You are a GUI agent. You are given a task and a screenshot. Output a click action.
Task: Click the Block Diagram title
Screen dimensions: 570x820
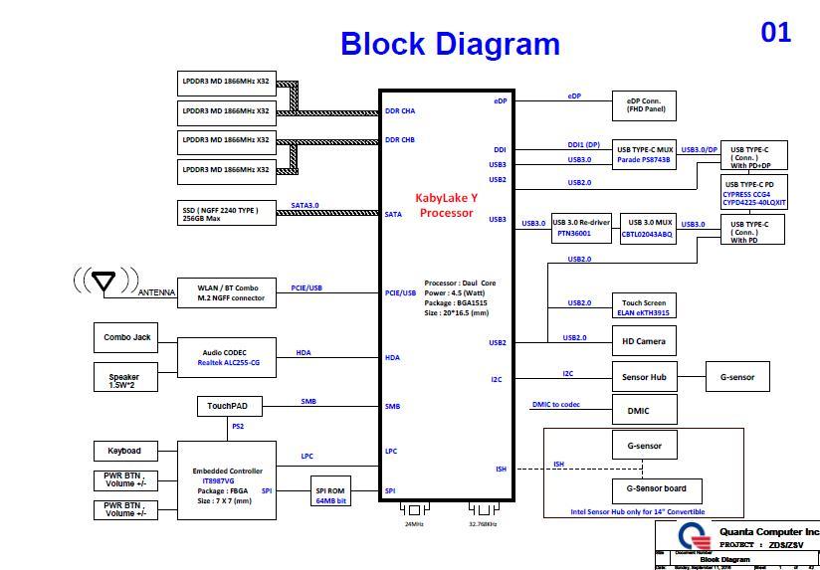450,44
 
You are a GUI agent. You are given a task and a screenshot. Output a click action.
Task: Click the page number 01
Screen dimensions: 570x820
776,33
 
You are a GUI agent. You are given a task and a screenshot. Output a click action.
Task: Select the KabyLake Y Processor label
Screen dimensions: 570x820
447,205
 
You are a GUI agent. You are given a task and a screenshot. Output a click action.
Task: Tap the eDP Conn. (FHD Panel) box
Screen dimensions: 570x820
645,104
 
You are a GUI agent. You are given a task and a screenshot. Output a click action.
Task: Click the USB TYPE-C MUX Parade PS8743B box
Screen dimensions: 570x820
645,154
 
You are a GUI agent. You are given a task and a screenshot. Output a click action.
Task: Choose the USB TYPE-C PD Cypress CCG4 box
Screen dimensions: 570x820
755,193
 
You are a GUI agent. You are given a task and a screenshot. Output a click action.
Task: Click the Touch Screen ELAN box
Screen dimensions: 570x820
645,305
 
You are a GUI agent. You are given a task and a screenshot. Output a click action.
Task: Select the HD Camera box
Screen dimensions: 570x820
644,341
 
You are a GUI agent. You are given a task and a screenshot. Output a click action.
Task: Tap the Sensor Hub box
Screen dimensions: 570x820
644,377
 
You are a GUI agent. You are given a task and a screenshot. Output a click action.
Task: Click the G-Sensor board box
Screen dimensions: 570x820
656,488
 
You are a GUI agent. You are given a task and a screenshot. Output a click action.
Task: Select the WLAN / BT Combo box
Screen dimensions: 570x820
226,292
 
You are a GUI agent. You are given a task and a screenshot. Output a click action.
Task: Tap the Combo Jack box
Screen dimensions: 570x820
126,338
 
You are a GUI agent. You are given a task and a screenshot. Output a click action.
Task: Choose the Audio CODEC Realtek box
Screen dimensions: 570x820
226,358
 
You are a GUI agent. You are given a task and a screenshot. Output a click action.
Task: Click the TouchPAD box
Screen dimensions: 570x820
228,407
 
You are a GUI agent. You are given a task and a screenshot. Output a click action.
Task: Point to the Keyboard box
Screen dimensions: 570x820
124,451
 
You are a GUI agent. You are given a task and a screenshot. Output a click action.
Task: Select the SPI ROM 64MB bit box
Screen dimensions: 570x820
331,494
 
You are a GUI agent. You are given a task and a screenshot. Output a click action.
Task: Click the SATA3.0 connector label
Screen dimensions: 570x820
305,206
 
